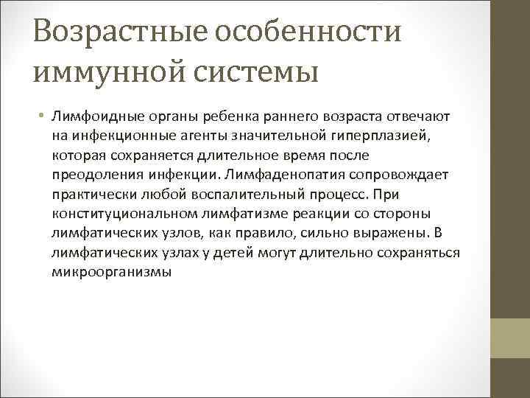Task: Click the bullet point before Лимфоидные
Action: [x=43, y=118]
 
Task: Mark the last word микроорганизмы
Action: [x=111, y=271]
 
